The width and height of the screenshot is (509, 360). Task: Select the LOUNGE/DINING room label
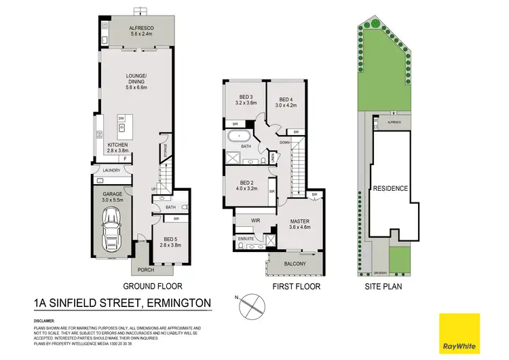coord(138,82)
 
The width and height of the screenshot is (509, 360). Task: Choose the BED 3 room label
coord(245,99)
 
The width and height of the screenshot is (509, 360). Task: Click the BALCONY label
coord(295,264)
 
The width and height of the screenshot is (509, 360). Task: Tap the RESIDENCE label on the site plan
coord(390,188)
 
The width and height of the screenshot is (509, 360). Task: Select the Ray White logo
coord(459,334)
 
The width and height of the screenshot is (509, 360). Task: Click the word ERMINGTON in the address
coord(174,303)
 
